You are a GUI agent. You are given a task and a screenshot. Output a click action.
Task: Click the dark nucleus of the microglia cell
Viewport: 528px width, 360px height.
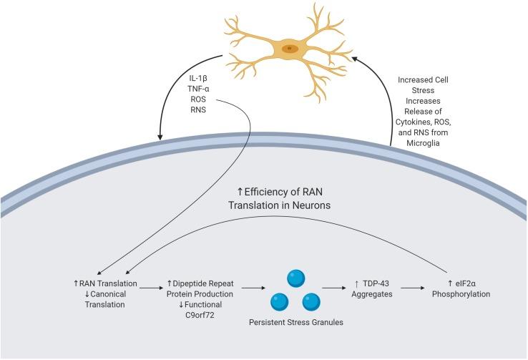coord(289,49)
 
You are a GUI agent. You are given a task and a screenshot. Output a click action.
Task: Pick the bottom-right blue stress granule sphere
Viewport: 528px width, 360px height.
coord(311,302)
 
